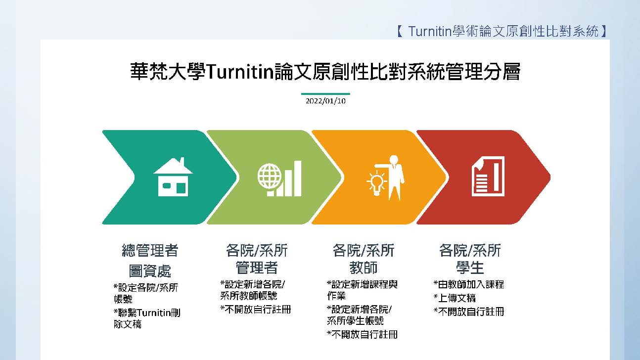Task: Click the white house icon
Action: [x=173, y=177]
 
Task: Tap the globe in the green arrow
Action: [x=270, y=176]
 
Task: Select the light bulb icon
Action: [x=376, y=183]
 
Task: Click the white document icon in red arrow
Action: [x=488, y=176]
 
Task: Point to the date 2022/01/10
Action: [x=325, y=101]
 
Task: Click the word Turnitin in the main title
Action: [x=240, y=71]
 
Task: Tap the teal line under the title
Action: [x=325, y=94]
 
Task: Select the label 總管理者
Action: [x=150, y=251]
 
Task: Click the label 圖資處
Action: [x=150, y=270]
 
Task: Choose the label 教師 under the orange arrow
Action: [x=364, y=268]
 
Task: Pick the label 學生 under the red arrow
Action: [x=470, y=268]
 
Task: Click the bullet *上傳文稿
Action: [x=455, y=298]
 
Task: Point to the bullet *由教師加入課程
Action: [x=469, y=284]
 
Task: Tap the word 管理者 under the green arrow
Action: [x=257, y=268]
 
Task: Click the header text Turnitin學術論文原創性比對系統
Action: [x=503, y=31]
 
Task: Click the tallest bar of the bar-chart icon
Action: [x=298, y=179]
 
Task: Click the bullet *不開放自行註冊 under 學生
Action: [x=469, y=312]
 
